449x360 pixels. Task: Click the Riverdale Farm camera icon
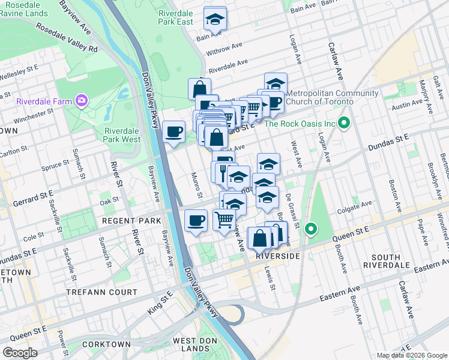(x=82, y=100)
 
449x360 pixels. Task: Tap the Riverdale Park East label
(x=176, y=17)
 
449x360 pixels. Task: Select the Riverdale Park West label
(x=122, y=135)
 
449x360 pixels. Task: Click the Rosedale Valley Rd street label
(x=66, y=38)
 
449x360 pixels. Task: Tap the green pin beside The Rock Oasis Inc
(x=344, y=124)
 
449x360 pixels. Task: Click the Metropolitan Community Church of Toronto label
(x=332, y=97)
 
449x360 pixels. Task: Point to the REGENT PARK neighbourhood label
(x=131, y=221)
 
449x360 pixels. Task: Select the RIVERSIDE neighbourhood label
(x=277, y=256)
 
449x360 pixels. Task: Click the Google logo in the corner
(x=20, y=353)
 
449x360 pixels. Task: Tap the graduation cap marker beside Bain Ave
(x=214, y=19)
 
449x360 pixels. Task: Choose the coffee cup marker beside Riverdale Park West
(x=174, y=131)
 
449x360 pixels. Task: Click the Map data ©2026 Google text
(x=411, y=355)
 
